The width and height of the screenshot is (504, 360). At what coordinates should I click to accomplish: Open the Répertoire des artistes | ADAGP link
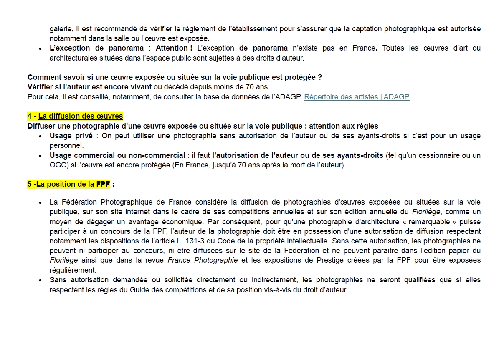point(357,97)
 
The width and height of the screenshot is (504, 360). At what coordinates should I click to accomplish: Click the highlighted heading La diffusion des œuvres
point(81,116)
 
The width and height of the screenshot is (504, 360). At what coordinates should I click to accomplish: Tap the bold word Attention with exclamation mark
point(174,48)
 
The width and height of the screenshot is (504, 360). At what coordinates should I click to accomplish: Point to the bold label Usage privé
point(71,136)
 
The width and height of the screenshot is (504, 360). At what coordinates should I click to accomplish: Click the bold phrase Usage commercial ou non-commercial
point(117,155)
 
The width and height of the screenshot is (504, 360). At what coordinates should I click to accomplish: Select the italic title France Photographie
point(203,260)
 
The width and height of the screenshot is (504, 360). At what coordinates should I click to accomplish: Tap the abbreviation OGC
point(57,165)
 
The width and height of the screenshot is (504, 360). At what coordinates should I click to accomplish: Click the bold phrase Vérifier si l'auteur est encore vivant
point(90,87)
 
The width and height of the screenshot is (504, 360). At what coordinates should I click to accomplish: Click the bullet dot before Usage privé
point(40,136)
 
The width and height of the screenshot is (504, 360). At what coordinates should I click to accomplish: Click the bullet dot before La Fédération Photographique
point(40,203)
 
